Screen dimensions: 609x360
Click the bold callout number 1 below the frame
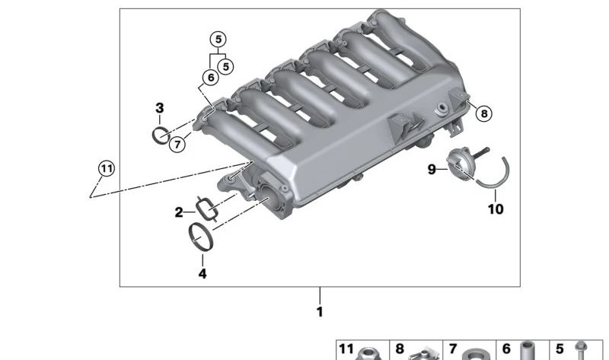click(x=320, y=312)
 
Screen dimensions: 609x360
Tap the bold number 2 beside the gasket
click(x=179, y=212)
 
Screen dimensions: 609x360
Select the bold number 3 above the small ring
click(x=160, y=108)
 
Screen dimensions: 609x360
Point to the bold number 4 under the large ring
click(x=202, y=274)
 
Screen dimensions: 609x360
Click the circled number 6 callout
click(x=211, y=78)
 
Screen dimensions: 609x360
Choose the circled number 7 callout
click(x=177, y=145)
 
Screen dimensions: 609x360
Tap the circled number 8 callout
click(x=484, y=113)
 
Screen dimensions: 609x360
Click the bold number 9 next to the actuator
click(x=432, y=170)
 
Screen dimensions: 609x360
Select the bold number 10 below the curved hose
click(x=496, y=209)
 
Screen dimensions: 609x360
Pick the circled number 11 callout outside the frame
click(x=107, y=168)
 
